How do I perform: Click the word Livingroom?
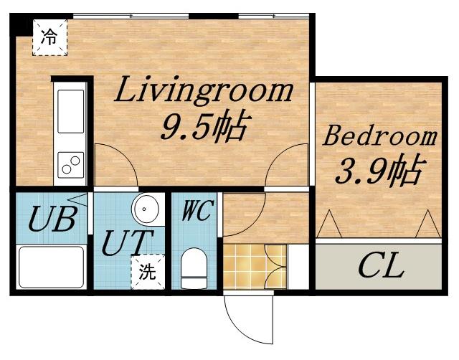click(x=204, y=91)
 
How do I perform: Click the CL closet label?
click(x=381, y=267)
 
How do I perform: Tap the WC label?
click(x=196, y=210)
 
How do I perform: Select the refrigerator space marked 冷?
click(x=49, y=37)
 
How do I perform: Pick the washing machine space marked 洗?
click(x=148, y=272)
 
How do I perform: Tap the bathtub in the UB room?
click(x=52, y=267)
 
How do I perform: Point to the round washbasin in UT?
click(x=145, y=209)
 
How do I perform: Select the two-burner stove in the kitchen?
click(x=70, y=165)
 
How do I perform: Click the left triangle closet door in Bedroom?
click(x=329, y=224)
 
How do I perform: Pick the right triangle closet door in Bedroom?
click(x=428, y=224)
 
